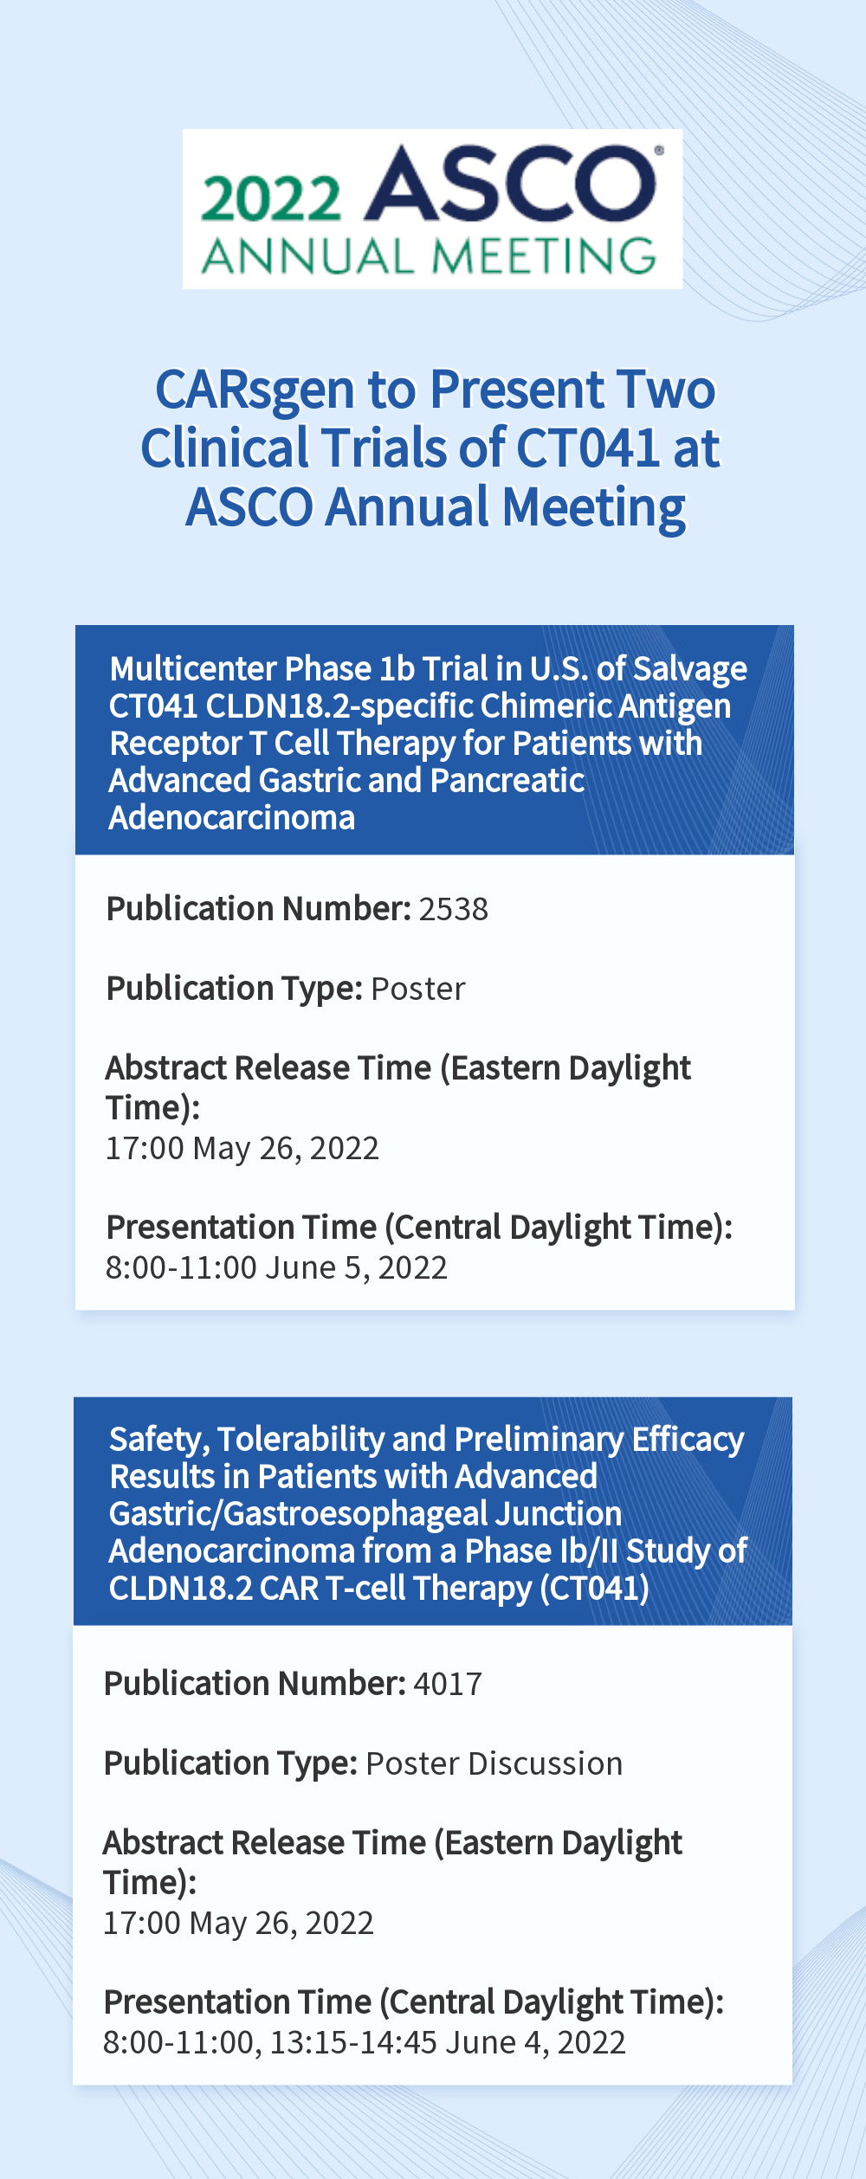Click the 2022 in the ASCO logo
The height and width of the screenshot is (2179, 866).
tap(271, 198)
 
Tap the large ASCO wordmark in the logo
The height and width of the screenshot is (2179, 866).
tap(511, 184)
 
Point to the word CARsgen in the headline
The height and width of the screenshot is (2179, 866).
tap(255, 391)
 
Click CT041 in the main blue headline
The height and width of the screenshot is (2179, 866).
tap(587, 448)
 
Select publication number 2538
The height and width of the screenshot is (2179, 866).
tap(453, 909)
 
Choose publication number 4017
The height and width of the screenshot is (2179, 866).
tap(448, 1684)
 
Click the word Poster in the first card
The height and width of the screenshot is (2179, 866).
tap(418, 989)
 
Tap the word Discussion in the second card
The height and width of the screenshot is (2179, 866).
tap(546, 1763)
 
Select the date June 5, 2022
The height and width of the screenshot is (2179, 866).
tap(356, 1268)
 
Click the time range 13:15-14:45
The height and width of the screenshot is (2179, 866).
tap(353, 2043)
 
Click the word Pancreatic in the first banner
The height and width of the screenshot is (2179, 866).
tap(507, 780)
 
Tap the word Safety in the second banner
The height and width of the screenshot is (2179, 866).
tap(159, 1440)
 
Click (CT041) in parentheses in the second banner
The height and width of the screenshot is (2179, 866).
tap(594, 1589)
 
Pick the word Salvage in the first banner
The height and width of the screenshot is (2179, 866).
tap(690, 669)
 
